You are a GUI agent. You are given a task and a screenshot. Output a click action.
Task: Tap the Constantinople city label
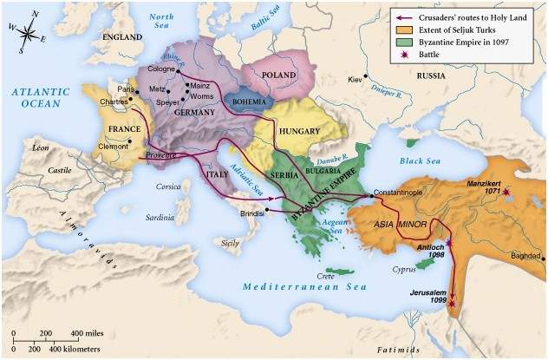pyautogui.click(x=399, y=190)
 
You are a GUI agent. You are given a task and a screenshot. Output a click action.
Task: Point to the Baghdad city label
pyautogui.click(x=524, y=256)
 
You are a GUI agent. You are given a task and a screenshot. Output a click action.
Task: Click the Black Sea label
pyautogui.click(x=420, y=162)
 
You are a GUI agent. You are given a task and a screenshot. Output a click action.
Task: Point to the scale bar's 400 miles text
pyautogui.click(x=88, y=333)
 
